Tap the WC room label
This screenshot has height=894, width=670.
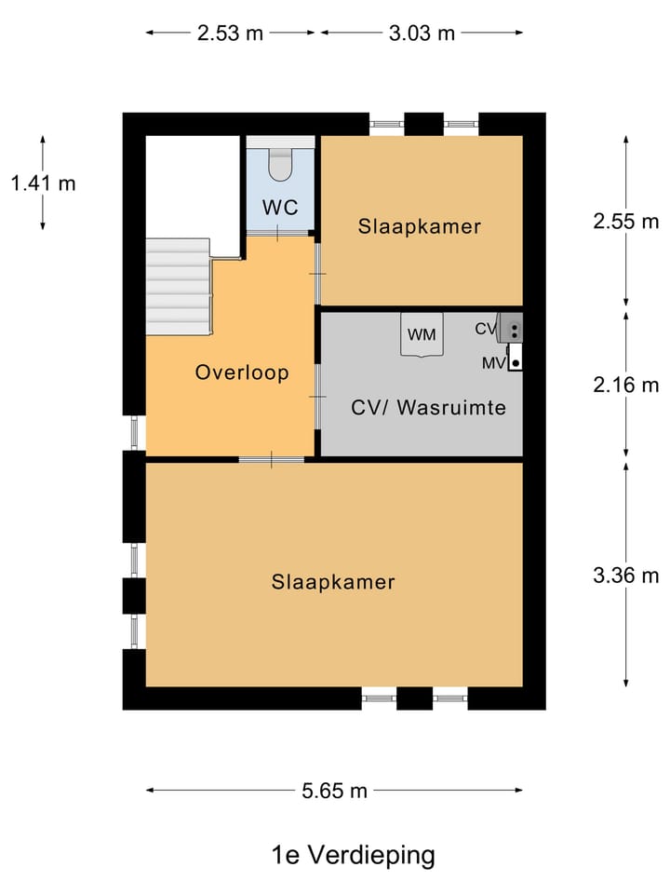280,207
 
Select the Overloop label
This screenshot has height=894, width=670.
242,372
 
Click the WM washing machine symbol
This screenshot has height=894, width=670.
422,334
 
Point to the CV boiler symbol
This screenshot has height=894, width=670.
511,328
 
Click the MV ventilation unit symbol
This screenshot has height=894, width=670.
515,357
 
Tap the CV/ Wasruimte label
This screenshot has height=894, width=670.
428,407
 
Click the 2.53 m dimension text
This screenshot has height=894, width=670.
230,34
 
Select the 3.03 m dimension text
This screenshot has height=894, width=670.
422,34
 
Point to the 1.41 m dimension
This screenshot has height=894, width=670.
44,183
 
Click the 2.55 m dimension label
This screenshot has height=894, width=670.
625,222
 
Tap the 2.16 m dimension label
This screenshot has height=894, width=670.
625,385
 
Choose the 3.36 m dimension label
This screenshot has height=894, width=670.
625,576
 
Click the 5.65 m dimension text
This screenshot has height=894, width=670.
334,791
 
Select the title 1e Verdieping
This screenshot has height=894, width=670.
354,855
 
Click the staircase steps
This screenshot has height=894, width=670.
179,287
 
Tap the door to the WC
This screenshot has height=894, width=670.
278,233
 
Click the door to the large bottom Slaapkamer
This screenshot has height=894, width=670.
271,459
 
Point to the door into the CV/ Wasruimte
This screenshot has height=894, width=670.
318,397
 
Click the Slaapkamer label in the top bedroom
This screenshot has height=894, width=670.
420,226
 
